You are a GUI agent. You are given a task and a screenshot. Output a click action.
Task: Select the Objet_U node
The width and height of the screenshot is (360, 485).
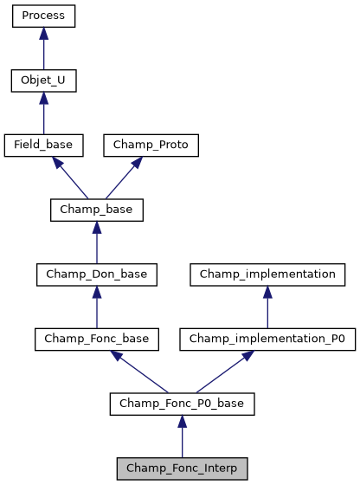coord(43,81)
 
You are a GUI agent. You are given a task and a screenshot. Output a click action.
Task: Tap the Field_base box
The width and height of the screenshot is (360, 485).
coord(43,145)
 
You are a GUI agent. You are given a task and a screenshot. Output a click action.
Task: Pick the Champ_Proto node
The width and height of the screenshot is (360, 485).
coord(151,145)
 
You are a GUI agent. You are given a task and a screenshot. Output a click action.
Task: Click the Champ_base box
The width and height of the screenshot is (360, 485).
coord(96,210)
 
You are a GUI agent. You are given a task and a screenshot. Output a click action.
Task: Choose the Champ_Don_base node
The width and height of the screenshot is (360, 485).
coord(96,275)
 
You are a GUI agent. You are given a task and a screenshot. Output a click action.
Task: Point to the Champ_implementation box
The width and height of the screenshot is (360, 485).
coord(267,275)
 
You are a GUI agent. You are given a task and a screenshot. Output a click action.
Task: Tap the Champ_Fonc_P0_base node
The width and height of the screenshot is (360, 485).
coord(182,404)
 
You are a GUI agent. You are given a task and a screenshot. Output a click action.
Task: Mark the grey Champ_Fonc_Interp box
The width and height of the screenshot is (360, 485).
coord(182,469)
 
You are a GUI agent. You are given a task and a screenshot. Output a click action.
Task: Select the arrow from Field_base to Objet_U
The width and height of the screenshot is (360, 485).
coord(43,113)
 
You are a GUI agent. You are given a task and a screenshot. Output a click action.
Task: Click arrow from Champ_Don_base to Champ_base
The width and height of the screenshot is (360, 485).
coord(96,242)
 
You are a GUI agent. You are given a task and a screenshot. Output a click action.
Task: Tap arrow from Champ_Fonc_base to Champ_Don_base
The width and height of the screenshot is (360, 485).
coord(96,307)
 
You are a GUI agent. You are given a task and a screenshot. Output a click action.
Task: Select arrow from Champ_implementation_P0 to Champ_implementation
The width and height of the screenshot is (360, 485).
coord(267,307)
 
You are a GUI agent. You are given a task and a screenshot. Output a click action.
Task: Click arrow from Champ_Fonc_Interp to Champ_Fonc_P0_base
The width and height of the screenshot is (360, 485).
coord(182,436)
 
